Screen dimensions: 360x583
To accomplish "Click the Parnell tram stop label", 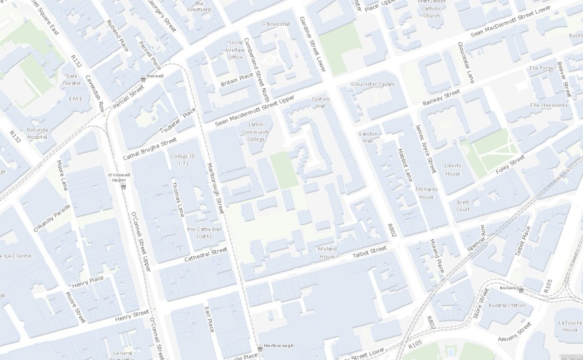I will click(154, 76).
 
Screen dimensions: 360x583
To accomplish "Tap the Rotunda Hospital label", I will click(37, 133).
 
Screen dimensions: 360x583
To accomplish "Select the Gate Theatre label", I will click(71, 79).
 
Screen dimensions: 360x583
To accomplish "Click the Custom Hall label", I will click(320, 102).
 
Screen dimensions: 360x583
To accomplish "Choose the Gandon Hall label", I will click(368, 137).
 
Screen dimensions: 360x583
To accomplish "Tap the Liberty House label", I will click(452, 169).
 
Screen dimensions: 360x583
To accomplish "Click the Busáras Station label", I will click(506, 305).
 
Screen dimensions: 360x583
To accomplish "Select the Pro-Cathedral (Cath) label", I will click(204, 232).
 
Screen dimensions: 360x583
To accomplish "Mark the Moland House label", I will click(327, 252).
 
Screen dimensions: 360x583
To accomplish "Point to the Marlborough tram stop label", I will click(278, 345).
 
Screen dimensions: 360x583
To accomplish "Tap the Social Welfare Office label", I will click(235, 50).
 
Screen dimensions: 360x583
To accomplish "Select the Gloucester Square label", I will click(372, 84).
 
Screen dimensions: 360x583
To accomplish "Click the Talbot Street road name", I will click(370, 253).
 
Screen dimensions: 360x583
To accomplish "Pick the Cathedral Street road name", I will click(206, 254).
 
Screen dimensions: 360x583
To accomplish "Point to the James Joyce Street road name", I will click(425, 149).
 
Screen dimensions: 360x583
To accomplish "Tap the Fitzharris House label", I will click(426, 193).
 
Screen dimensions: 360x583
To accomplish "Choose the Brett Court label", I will click(463, 206).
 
